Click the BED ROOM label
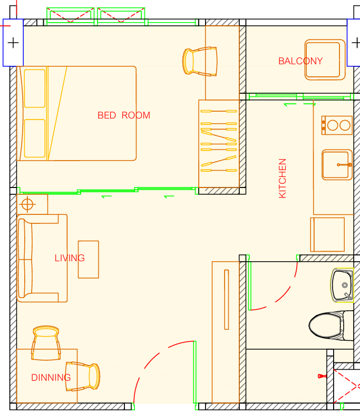[124, 115]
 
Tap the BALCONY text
[300, 61]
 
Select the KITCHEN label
[283, 178]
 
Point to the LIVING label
[70, 258]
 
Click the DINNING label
[51, 378]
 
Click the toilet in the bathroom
[331, 325]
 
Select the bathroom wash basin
[342, 285]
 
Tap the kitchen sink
[337, 165]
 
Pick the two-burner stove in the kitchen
[337, 125]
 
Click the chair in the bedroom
[200, 62]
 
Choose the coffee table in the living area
[89, 259]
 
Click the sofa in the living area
[42, 258]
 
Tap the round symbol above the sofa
[27, 204]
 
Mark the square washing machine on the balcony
[325, 60]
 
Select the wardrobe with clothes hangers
[219, 143]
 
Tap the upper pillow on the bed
[34, 88]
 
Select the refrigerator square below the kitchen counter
[327, 234]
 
